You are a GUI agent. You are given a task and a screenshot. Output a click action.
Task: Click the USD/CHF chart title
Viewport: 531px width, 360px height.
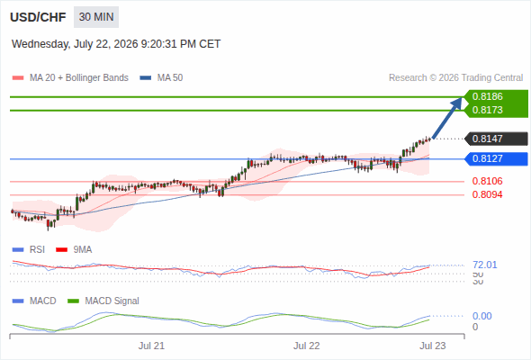click(x=38, y=17)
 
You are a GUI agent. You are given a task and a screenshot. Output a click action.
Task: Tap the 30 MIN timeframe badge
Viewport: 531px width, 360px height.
click(x=96, y=17)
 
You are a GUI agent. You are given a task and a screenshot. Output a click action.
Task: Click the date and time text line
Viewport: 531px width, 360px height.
click(x=116, y=44)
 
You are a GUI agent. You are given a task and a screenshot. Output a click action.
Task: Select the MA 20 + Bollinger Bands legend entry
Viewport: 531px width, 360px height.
click(x=70, y=78)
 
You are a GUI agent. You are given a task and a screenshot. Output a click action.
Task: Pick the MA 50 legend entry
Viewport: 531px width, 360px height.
click(x=161, y=78)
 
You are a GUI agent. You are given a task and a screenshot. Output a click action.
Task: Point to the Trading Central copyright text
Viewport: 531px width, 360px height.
click(x=455, y=78)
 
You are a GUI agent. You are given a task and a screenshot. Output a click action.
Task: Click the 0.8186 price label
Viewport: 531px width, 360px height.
click(x=487, y=96)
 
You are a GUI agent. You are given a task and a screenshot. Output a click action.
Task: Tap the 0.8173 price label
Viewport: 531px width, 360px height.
click(x=487, y=110)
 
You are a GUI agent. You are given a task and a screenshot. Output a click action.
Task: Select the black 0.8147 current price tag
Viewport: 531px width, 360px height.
click(x=496, y=139)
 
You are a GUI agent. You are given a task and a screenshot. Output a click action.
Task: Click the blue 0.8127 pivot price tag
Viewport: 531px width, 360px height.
click(x=496, y=158)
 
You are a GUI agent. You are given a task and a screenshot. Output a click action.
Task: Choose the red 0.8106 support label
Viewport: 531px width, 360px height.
click(x=487, y=181)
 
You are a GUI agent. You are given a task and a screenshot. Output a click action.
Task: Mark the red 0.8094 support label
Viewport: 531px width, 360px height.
click(x=487, y=194)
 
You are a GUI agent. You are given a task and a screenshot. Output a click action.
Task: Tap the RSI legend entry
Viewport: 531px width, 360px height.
click(x=29, y=250)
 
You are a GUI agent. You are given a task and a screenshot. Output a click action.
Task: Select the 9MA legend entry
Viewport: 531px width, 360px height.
click(x=74, y=250)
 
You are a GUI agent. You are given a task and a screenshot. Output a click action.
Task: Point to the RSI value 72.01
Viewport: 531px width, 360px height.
click(x=485, y=265)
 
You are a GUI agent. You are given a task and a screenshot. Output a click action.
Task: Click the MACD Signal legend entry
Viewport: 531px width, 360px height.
click(x=103, y=301)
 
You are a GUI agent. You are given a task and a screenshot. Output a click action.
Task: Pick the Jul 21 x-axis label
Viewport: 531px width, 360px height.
click(x=151, y=346)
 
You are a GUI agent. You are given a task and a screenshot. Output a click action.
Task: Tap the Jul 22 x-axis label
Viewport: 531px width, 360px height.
click(x=307, y=346)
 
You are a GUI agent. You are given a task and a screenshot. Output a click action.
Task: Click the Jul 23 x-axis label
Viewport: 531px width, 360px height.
click(x=433, y=346)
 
